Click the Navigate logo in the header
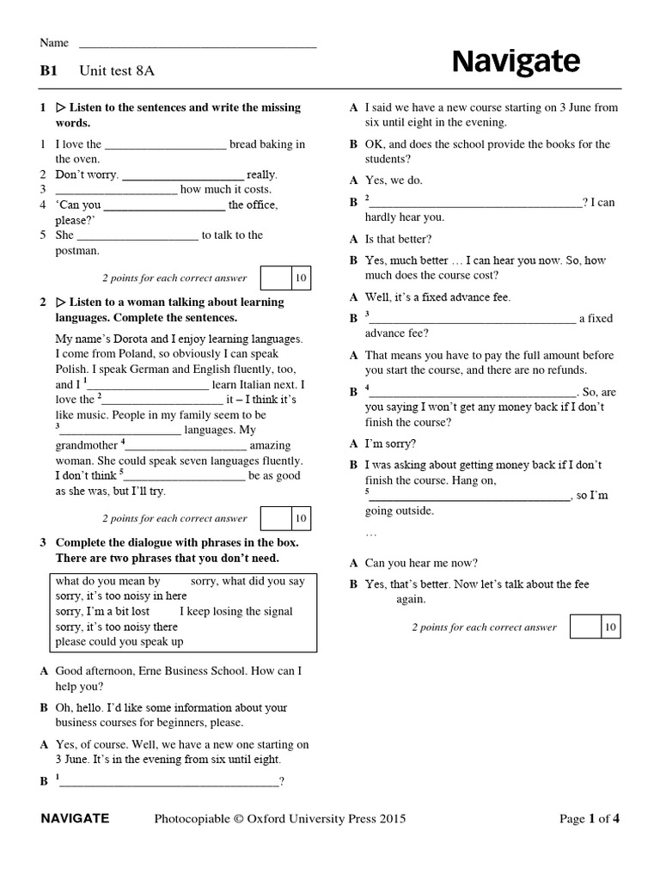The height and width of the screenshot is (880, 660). tap(516, 62)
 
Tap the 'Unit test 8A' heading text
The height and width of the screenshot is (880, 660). tap(117, 71)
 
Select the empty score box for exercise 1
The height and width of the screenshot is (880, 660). tap(275, 278)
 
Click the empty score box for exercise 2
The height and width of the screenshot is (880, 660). tap(275, 518)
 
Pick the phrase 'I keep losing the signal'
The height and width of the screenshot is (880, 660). tap(236, 611)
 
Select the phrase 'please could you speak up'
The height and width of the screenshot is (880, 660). tap(119, 641)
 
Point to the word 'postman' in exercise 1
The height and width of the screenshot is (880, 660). tap(77, 250)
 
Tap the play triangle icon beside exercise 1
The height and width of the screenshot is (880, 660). tap(61, 108)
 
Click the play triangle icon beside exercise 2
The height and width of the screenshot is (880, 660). tap(61, 302)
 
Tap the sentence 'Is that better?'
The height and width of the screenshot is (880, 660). tap(399, 239)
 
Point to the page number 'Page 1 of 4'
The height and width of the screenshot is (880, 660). tap(589, 819)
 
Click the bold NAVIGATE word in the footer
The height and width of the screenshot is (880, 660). tap(75, 819)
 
